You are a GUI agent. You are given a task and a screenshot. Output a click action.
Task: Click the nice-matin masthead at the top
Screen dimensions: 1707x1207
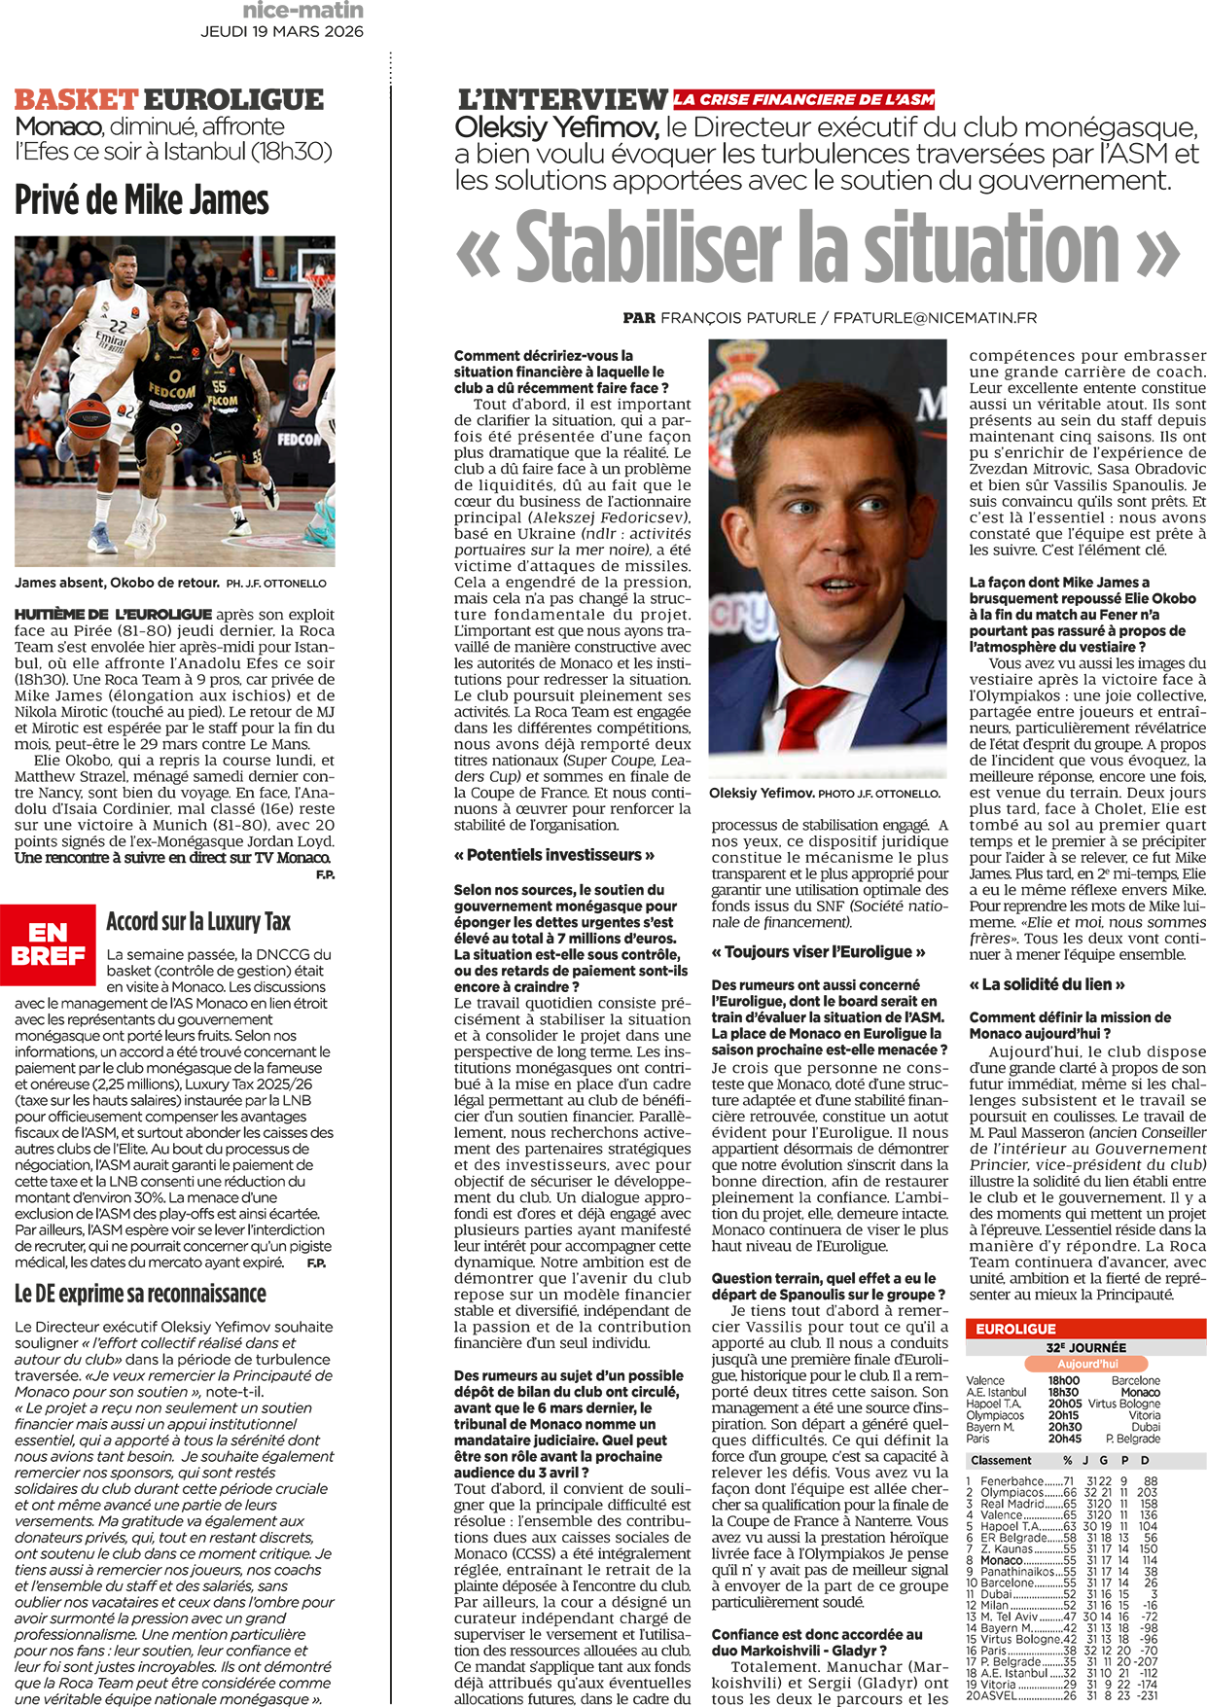[x=302, y=11]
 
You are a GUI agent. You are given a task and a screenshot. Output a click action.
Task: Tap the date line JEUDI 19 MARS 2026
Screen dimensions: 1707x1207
[x=282, y=31]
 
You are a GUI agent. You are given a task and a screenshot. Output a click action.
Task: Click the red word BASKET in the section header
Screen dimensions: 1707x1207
[x=76, y=99]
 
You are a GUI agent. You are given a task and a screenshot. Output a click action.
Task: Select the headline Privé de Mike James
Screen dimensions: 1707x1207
[x=141, y=199]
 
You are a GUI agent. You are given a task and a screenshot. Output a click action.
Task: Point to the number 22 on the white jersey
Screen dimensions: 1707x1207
[x=118, y=326]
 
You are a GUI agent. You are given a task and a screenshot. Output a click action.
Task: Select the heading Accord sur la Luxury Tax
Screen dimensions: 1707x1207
[x=198, y=921]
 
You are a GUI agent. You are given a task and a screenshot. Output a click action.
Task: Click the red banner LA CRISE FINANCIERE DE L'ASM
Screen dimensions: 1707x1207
[x=803, y=99]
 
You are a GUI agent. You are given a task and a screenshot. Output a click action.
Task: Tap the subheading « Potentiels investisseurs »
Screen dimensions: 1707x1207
[x=553, y=855]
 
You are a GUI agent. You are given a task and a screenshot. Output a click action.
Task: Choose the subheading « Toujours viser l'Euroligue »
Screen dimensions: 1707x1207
[x=818, y=952]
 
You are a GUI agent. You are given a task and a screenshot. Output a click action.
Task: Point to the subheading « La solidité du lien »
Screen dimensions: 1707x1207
[x=1047, y=984]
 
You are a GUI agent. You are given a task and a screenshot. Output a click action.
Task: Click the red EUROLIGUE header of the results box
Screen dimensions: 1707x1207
[x=1015, y=1329]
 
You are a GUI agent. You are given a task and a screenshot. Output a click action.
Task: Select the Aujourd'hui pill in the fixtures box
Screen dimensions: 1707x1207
[x=1086, y=1364]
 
